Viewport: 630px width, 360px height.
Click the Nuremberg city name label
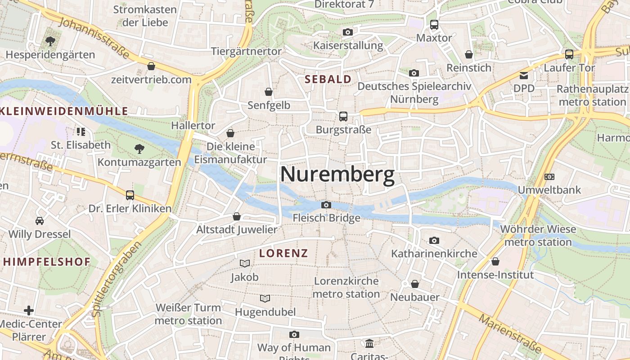click(x=337, y=175)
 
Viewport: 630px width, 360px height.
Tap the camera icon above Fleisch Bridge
click(x=326, y=205)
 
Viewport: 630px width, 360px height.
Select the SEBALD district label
click(x=328, y=80)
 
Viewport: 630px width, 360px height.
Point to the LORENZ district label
click(x=283, y=253)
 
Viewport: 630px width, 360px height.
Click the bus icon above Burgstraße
click(x=343, y=117)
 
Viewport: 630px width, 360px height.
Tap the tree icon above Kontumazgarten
click(x=139, y=148)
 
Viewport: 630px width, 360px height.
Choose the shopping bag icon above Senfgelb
click(x=269, y=92)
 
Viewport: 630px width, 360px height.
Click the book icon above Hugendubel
click(x=265, y=298)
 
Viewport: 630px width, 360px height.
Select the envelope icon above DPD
click(x=524, y=75)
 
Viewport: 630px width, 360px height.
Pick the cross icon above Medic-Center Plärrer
click(x=29, y=310)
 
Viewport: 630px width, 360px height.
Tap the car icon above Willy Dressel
click(x=40, y=221)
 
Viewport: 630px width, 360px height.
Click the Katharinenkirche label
click(x=434, y=253)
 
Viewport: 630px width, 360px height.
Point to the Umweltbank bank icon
click(x=549, y=177)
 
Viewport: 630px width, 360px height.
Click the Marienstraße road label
click(x=510, y=333)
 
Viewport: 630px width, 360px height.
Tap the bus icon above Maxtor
click(x=434, y=25)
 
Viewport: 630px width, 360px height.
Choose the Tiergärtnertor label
click(x=246, y=51)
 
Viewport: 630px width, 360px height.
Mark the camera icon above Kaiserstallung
click(x=347, y=32)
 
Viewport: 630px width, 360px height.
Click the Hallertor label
click(x=193, y=126)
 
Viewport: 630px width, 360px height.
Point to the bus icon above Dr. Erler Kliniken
click(x=130, y=195)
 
